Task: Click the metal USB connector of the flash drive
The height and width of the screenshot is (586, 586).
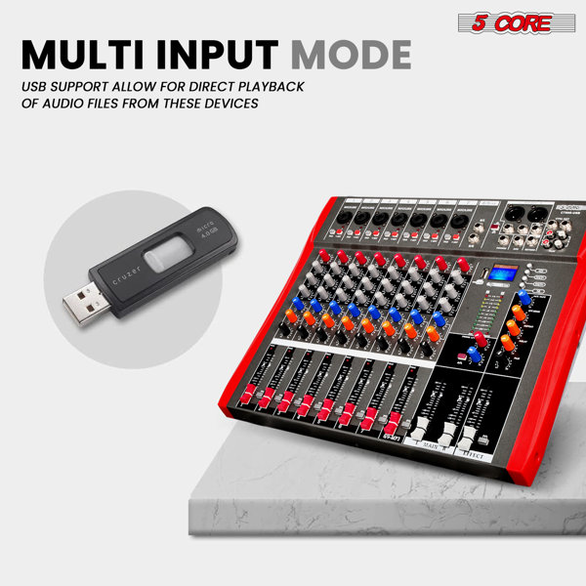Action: [x=83, y=306]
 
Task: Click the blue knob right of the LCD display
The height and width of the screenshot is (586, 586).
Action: [x=523, y=296]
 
